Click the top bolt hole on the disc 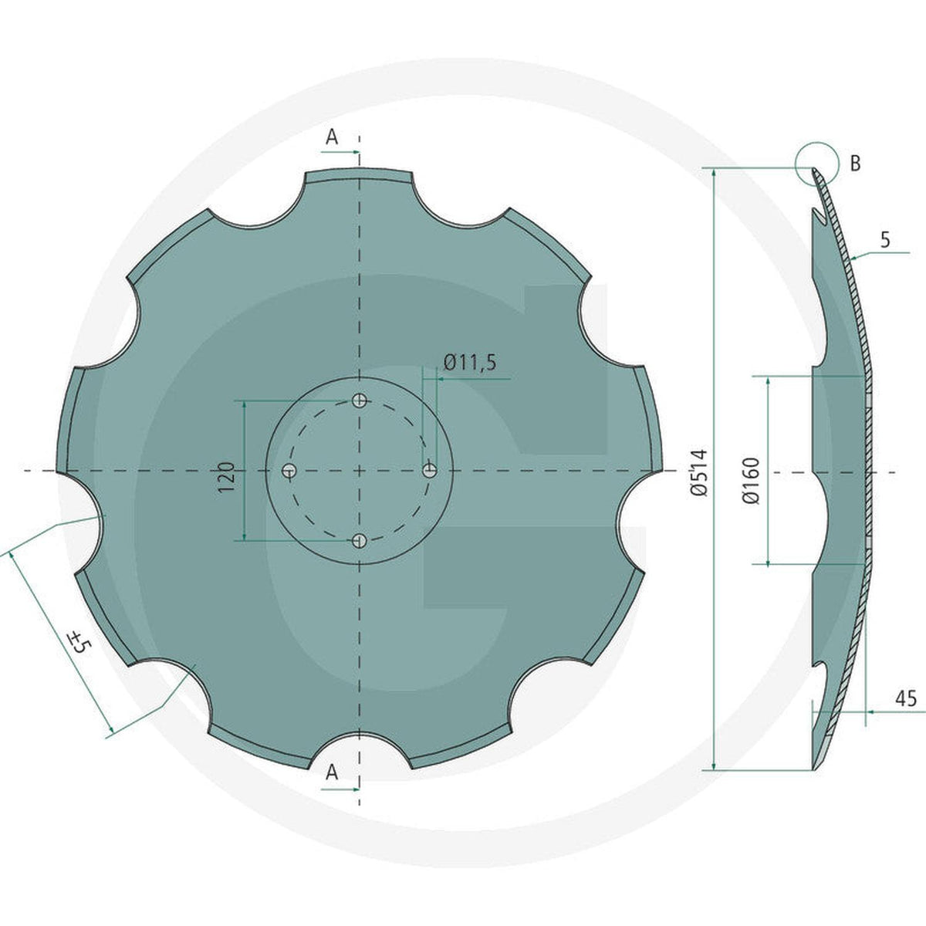coord(360,400)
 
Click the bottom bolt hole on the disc coord(359,541)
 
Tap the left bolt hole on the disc coord(289,471)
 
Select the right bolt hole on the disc coord(429,471)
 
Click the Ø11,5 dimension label coord(469,363)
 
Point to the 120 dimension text coord(226,477)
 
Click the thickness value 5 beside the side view coord(886,240)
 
